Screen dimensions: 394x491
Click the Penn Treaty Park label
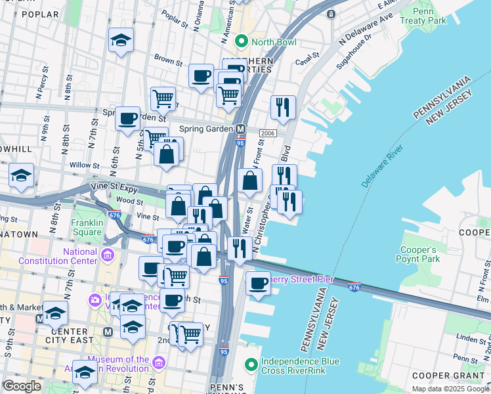(429, 16)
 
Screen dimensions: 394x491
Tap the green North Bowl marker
(241, 43)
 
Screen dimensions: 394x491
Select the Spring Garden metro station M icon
(241, 129)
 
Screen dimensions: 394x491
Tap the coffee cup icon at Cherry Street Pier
(259, 283)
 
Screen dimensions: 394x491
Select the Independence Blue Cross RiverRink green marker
(251, 364)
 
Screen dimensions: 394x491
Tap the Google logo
(22, 386)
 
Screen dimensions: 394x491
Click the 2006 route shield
(267, 133)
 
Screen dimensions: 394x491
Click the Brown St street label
(168, 60)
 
